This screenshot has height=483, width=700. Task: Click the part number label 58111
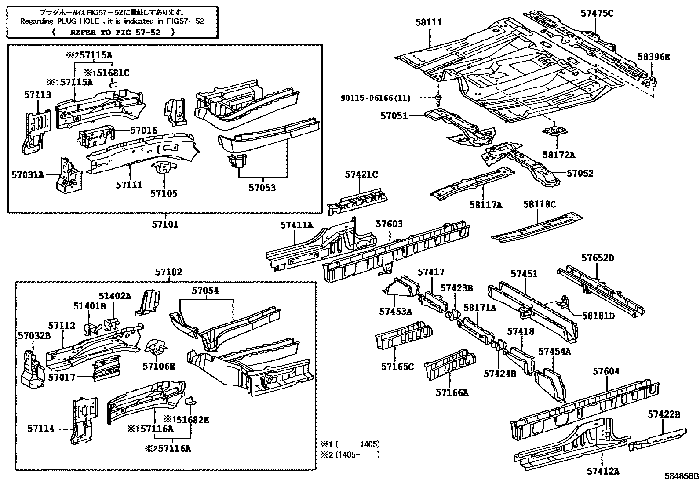click(x=429, y=22)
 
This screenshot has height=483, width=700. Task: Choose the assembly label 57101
click(x=165, y=224)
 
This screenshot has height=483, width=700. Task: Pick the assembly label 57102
click(x=168, y=272)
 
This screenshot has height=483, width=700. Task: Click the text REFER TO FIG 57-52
click(x=113, y=32)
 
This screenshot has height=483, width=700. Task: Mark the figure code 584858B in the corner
click(x=681, y=476)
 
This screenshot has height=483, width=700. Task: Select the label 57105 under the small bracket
click(x=164, y=194)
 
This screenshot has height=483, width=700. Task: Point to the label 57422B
click(x=664, y=414)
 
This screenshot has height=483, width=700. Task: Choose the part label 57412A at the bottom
click(x=603, y=471)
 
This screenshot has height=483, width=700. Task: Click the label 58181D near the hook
click(x=598, y=316)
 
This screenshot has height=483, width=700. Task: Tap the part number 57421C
click(x=361, y=174)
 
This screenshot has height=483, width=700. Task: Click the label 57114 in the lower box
click(x=40, y=428)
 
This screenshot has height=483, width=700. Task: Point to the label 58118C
click(x=540, y=204)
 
